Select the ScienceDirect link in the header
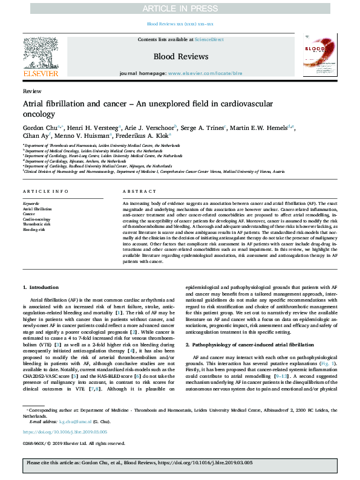209,39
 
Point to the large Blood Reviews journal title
180,56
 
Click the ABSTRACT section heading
135,191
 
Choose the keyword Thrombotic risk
36,224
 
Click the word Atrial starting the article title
35,103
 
